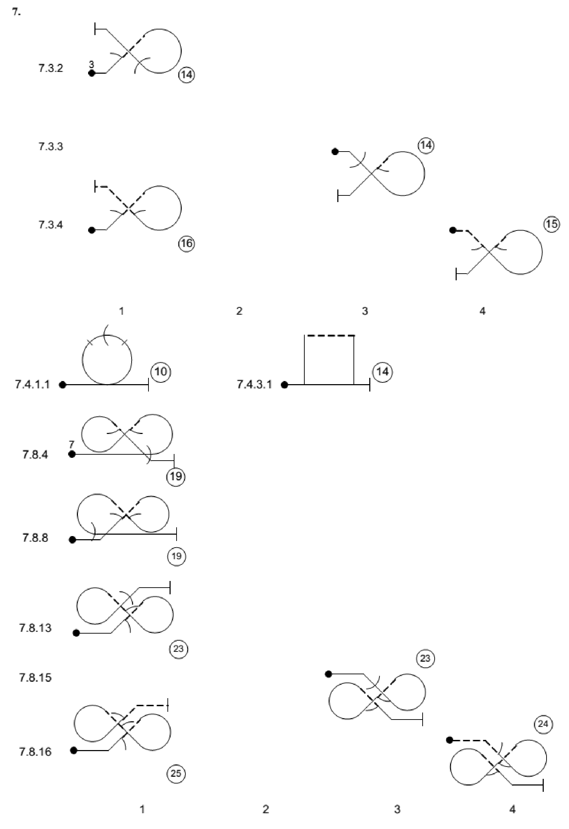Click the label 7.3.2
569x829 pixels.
tap(51, 68)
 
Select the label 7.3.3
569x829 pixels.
tap(51, 147)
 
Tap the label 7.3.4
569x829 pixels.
tap(51, 225)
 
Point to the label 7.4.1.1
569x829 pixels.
tap(33, 385)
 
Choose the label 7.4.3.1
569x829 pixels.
tap(254, 385)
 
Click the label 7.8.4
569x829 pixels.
tap(35, 455)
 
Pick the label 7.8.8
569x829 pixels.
tap(35, 538)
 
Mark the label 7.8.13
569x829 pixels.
tap(35, 628)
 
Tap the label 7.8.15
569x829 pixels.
tap(35, 677)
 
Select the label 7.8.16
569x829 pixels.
tap(35, 752)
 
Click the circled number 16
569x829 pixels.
tap(186, 243)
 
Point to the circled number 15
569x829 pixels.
tap(551, 224)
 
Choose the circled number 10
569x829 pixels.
tap(161, 372)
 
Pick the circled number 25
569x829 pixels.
tap(176, 773)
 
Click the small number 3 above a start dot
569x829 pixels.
tap(91, 65)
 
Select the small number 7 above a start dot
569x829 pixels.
tap(72, 444)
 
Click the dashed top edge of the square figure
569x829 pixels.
tap(331, 336)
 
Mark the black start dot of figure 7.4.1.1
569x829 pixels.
tap(62, 385)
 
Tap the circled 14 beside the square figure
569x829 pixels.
tap(382, 372)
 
